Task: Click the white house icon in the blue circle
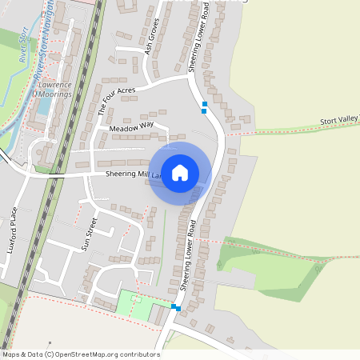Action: tap(180, 172)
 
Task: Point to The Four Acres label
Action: tap(117, 102)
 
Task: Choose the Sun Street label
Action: tap(90, 234)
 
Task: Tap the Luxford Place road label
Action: tap(11, 230)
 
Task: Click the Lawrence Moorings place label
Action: tap(52, 89)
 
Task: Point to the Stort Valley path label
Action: tap(339, 120)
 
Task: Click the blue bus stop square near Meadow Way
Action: tap(205, 105)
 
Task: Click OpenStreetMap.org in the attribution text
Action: tap(90, 354)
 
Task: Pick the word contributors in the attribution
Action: tap(140, 354)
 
